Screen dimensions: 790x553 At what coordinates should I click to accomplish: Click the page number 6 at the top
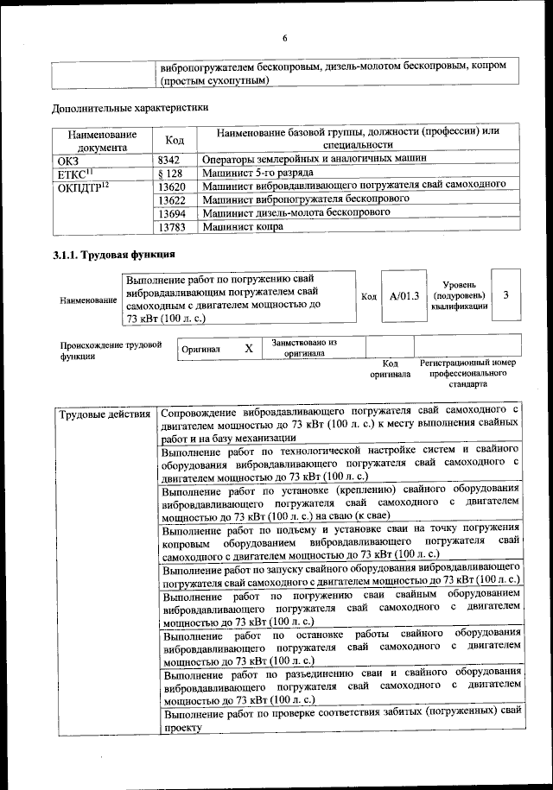(283, 38)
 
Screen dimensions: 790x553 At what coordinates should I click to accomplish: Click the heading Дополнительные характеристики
(130, 109)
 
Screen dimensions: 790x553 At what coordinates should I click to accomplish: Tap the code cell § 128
(169, 172)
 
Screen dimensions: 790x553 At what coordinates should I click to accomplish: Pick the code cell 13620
(172, 186)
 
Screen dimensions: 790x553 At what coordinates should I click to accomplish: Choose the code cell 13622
(172, 199)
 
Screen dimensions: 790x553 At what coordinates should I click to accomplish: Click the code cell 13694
(172, 213)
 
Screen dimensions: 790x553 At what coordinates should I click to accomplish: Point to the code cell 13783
(172, 227)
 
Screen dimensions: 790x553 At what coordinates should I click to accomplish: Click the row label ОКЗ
(67, 159)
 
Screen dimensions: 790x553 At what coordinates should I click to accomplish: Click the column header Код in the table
(174, 139)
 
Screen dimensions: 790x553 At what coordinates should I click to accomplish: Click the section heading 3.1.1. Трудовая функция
(113, 255)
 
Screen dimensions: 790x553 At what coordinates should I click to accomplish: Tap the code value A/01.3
(404, 296)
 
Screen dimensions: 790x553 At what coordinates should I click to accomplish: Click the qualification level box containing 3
(505, 295)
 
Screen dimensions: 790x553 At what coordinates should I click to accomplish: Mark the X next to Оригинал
(248, 348)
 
